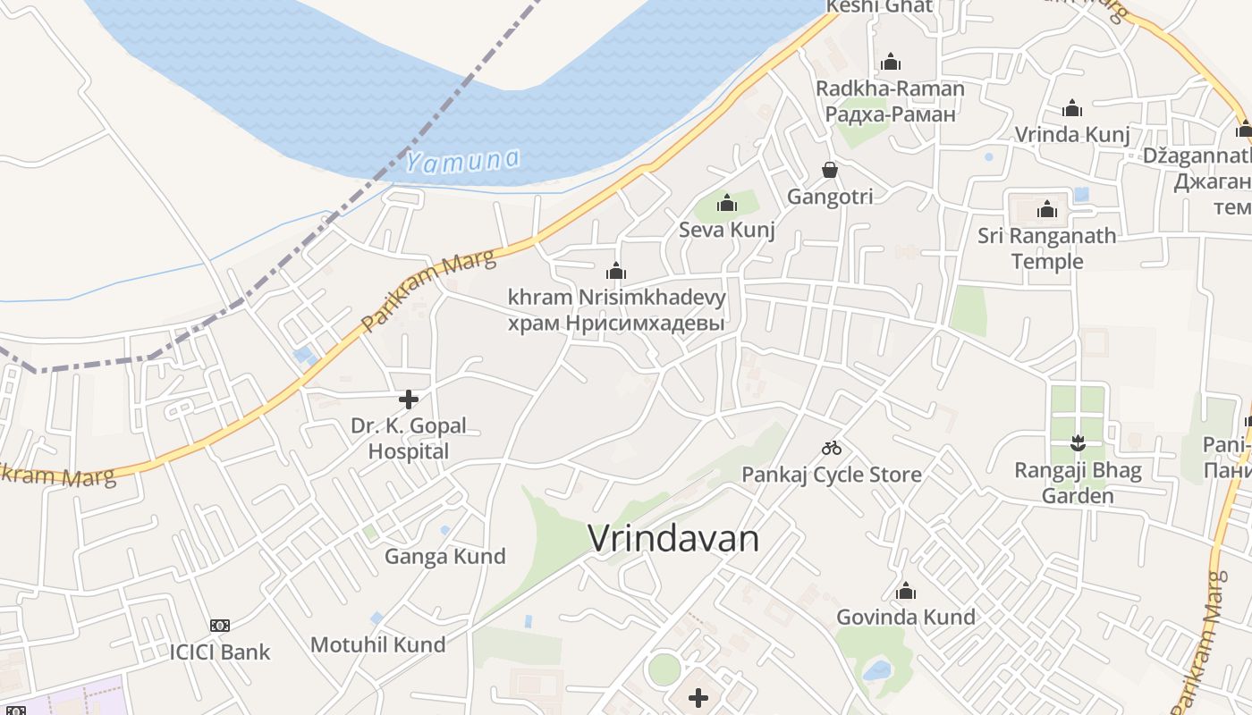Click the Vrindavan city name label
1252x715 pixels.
pos(673,539)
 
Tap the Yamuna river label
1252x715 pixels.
pos(461,162)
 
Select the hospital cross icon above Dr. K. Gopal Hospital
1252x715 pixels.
pos(409,399)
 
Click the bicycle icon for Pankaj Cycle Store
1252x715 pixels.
pos(832,448)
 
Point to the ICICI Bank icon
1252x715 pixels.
pos(220,626)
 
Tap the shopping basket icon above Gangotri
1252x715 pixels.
pos(830,170)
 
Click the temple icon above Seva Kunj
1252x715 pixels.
pos(727,204)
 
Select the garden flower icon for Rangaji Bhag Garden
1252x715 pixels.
pos(1078,443)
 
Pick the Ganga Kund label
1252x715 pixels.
pos(444,557)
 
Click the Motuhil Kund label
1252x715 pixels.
pos(377,644)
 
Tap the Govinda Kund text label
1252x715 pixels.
pos(905,617)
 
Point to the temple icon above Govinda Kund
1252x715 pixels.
pos(906,591)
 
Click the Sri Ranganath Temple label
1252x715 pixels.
pos(1046,248)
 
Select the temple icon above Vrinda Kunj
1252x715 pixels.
pos(1072,109)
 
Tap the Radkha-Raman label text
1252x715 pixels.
pos(890,88)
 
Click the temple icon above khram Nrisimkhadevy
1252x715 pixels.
pos(616,271)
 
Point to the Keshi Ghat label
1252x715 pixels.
pos(879,7)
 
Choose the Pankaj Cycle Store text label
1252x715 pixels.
pos(832,474)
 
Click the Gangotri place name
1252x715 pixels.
pos(830,197)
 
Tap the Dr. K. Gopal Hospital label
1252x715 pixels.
pos(409,438)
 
